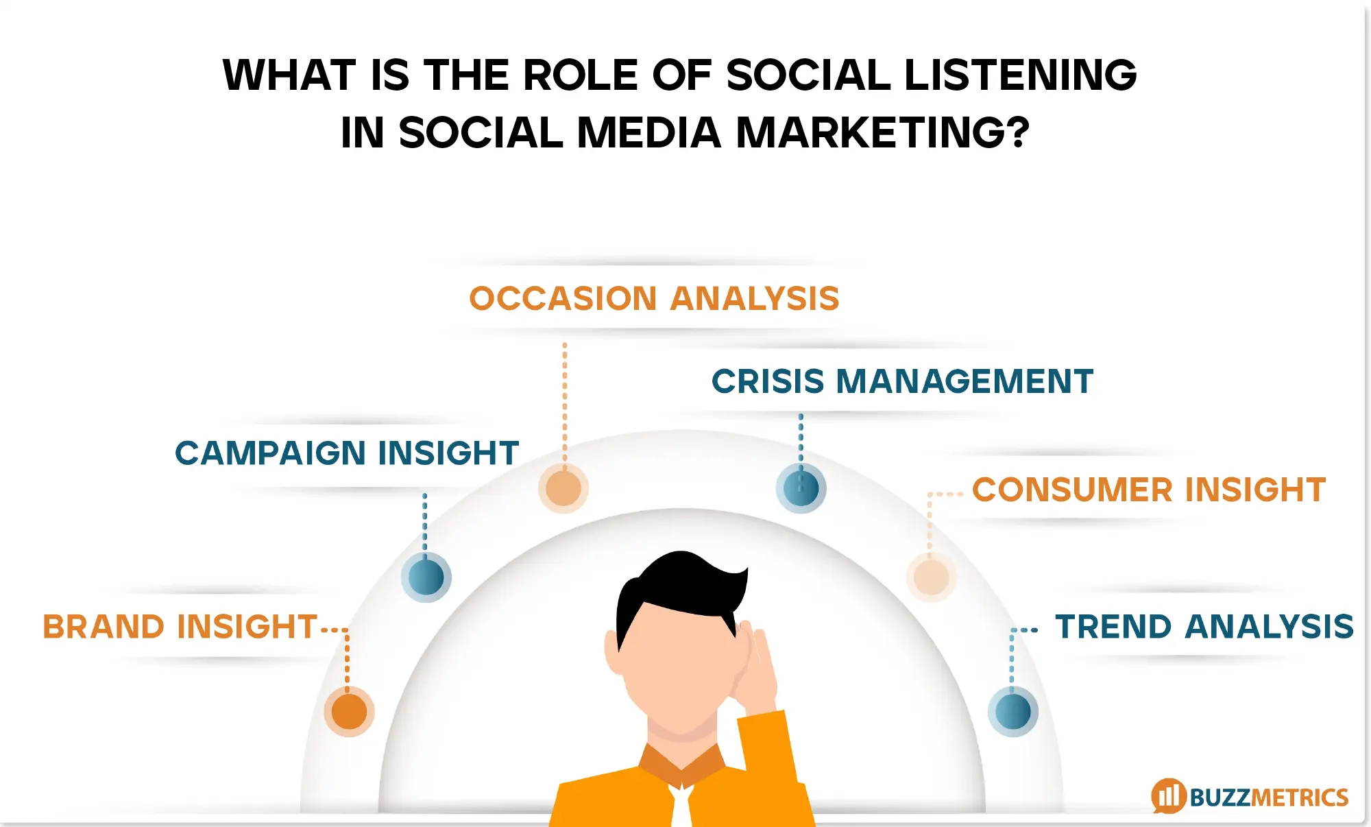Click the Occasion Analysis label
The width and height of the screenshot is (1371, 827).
[x=654, y=299]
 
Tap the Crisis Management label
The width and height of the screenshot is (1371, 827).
[x=902, y=381]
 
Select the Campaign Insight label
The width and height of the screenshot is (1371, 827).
[x=347, y=453]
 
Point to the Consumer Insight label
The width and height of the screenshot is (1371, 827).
[x=1149, y=490]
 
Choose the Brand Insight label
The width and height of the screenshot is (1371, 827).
[x=180, y=627]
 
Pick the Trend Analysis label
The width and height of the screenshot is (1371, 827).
[x=1204, y=627]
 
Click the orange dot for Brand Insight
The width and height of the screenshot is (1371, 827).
[x=350, y=711]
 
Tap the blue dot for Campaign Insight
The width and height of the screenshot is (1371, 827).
[x=426, y=577]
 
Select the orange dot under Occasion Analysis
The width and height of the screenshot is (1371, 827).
[x=563, y=488]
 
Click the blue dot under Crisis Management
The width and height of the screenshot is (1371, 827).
[x=801, y=489]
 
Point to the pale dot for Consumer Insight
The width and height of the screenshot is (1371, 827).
[x=931, y=577]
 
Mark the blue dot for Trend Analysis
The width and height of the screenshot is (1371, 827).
[x=1012, y=712]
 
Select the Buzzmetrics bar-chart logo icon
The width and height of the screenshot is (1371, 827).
[x=1169, y=795]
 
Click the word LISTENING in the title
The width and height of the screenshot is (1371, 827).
[x=1021, y=75]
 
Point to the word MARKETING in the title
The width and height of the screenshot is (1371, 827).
[x=882, y=132]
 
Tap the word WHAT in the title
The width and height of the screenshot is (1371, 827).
[x=289, y=75]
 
